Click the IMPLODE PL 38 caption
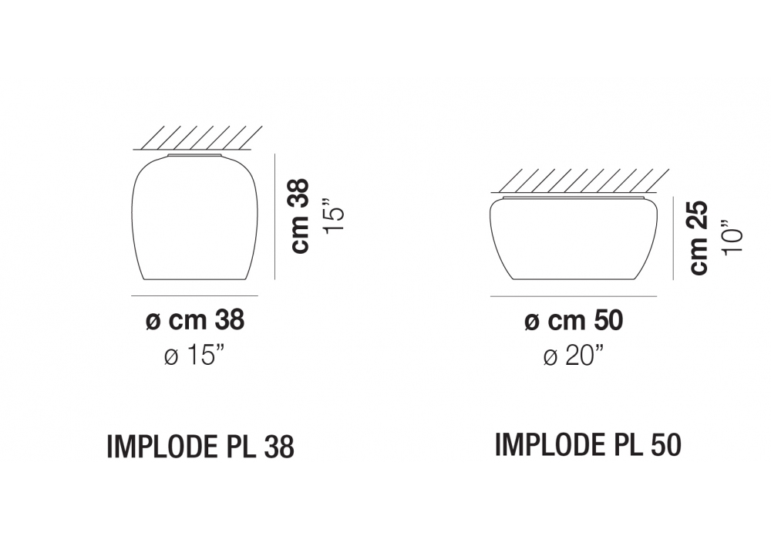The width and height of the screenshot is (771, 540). point(200,447)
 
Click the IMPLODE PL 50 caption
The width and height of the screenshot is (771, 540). point(588,444)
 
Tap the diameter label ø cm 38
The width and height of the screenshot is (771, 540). point(195,320)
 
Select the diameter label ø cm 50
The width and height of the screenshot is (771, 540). point(574,321)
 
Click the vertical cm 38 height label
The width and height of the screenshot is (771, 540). point(301,216)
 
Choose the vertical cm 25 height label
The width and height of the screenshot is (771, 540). point(699,237)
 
